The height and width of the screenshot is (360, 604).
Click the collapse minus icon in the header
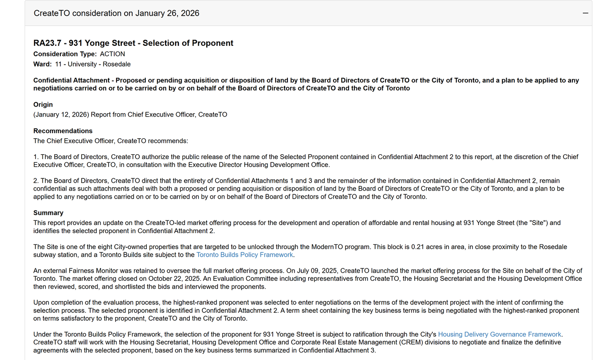[x=586, y=13]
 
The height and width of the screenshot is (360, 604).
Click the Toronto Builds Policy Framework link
[x=244, y=255]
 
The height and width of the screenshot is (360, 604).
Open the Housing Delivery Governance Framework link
[x=500, y=335]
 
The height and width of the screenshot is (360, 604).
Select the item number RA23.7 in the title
[x=47, y=43]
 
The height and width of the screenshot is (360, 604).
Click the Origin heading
[x=43, y=105]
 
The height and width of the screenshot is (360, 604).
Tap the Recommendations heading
[x=63, y=131]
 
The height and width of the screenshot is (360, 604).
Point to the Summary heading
[x=48, y=213]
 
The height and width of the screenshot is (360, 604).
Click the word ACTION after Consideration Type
[x=112, y=54]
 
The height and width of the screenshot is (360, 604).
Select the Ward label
[x=42, y=64]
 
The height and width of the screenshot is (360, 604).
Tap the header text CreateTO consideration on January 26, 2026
[x=117, y=13]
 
